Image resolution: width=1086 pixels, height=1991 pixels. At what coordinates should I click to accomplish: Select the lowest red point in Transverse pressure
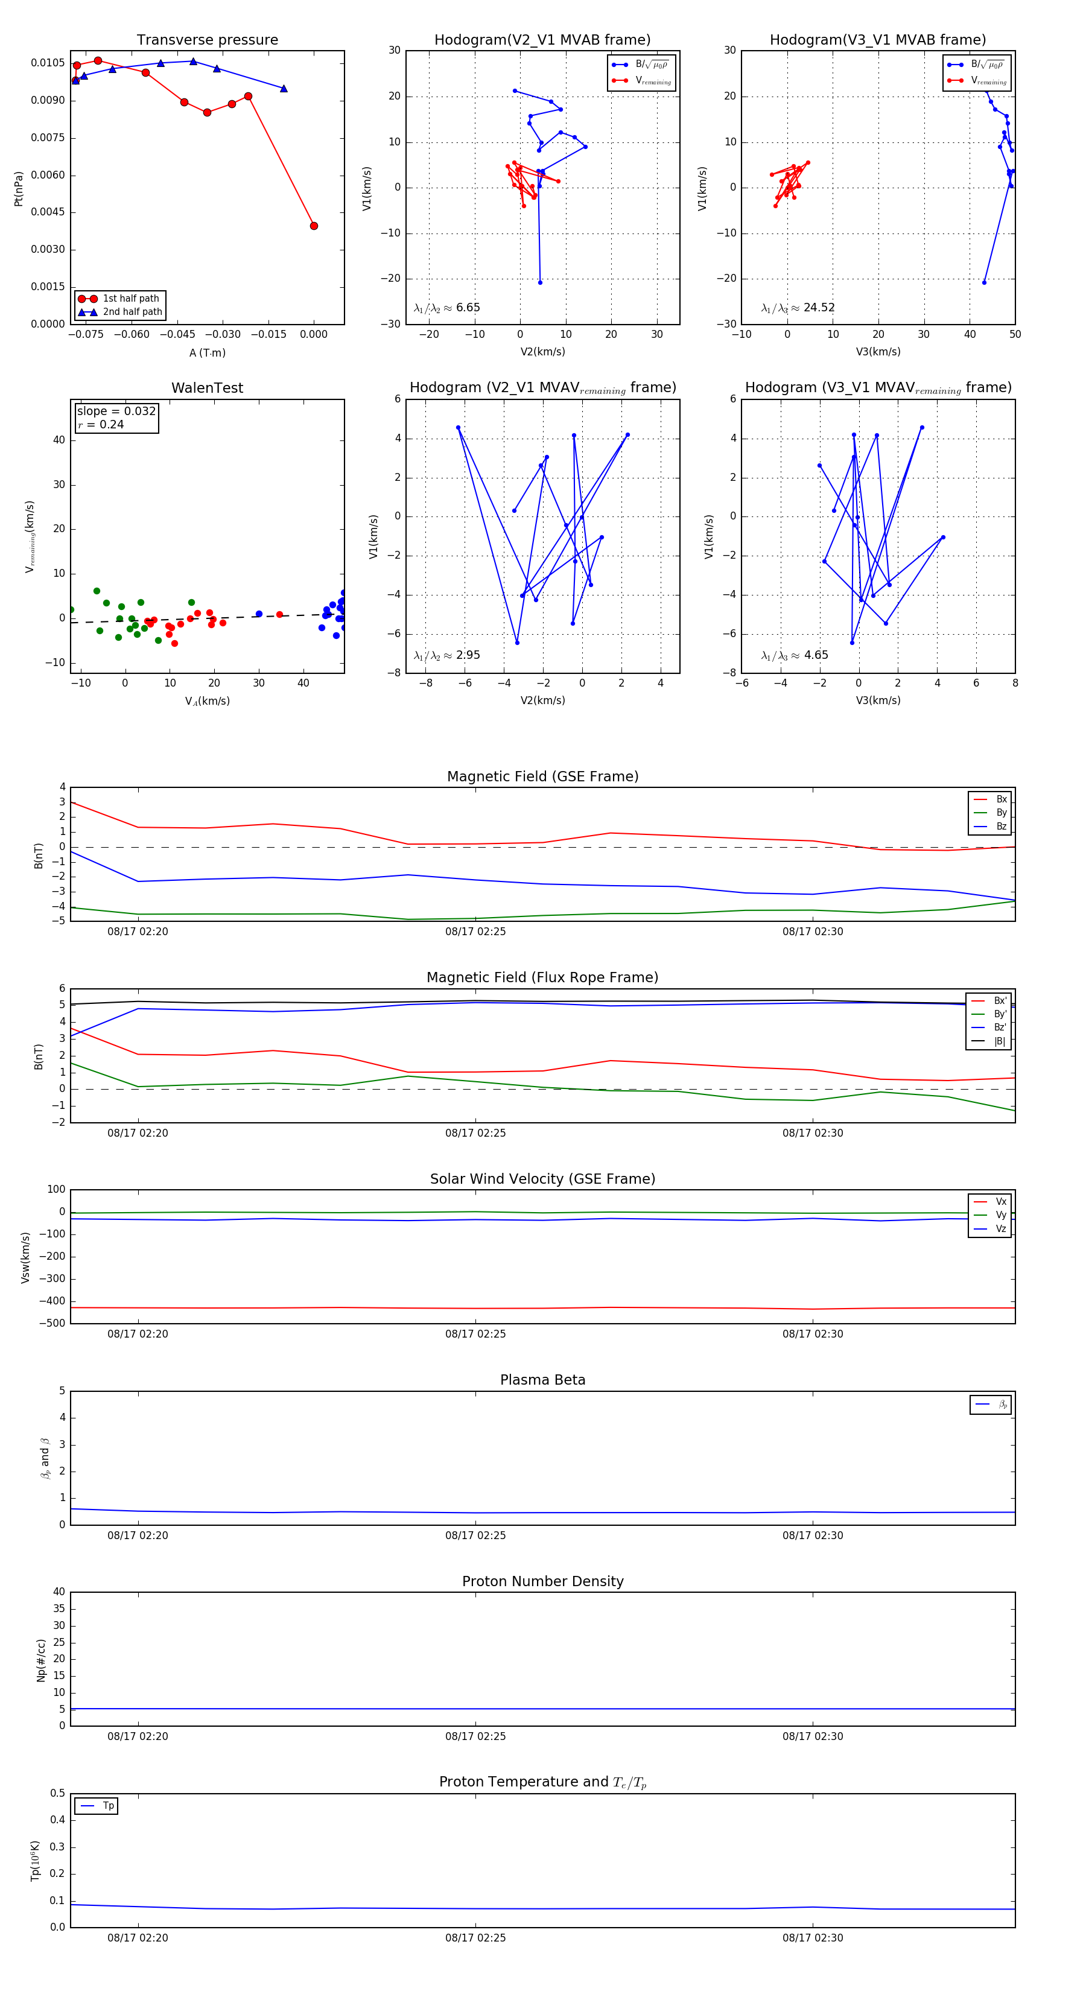pos(314,226)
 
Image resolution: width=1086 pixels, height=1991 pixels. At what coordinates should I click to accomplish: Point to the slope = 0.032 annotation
pos(116,411)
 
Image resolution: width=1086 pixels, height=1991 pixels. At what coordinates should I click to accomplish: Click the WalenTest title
pos(207,388)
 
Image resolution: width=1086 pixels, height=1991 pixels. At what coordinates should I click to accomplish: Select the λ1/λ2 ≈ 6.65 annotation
pos(446,308)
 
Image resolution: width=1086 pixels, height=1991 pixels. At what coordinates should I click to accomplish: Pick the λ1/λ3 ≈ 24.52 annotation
pos(798,308)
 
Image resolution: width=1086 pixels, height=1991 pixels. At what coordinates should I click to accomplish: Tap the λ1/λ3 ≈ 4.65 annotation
pos(795,655)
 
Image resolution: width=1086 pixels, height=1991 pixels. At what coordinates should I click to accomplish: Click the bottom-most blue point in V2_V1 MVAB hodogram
pos(541,282)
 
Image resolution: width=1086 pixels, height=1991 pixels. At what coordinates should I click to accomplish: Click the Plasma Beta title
pos(542,1380)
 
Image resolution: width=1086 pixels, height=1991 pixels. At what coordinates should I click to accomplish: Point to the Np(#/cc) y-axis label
pos(41,1660)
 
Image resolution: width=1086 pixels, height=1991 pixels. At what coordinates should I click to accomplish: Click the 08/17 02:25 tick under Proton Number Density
pos(475,1737)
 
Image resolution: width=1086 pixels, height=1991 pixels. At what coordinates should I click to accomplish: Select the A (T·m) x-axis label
pos(207,352)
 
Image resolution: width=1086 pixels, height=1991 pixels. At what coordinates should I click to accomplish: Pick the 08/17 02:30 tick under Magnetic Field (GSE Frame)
pos(812,932)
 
